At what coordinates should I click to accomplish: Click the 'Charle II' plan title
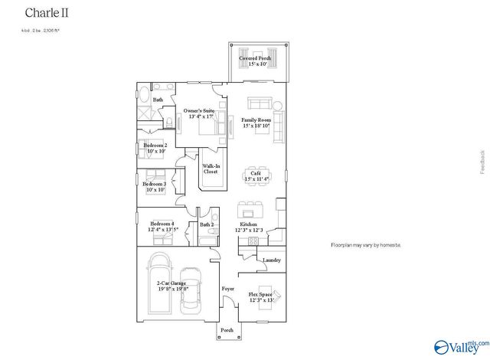click(x=44, y=13)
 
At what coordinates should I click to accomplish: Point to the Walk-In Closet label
click(x=211, y=169)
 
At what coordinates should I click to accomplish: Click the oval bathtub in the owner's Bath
click(x=145, y=95)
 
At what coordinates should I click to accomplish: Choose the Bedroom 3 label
click(x=154, y=185)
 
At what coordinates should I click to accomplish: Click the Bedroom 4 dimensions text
click(x=163, y=229)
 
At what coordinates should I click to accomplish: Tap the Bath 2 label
click(x=207, y=224)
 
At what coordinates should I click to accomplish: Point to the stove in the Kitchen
click(x=250, y=241)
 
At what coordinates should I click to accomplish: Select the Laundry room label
click(x=272, y=260)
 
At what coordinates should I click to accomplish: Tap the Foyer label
click(x=227, y=289)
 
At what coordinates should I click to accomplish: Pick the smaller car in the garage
click(x=191, y=291)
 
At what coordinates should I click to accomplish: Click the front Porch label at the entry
click(x=227, y=330)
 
